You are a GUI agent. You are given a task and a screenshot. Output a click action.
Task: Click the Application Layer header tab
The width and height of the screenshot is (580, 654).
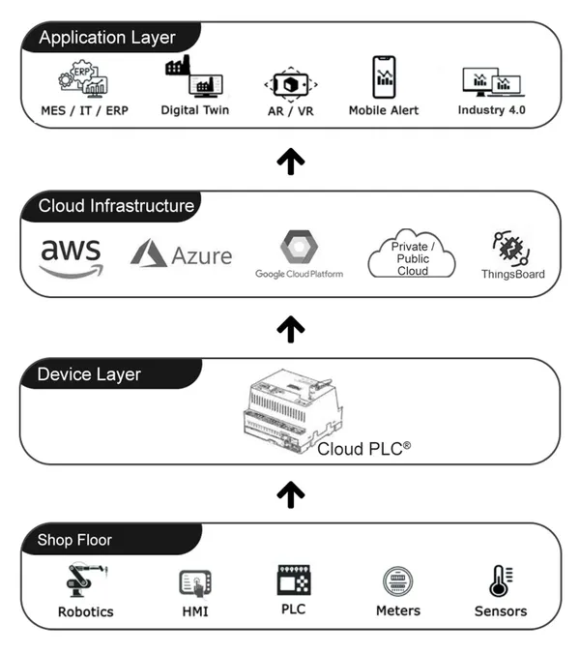pos(106,38)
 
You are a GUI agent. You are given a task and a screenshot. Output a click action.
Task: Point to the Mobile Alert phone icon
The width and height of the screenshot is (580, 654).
pos(385,77)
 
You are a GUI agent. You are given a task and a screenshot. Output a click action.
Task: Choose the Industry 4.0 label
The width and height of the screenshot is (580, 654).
pos(495,110)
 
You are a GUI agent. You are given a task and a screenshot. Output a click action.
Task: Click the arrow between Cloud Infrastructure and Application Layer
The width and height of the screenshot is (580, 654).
pos(290,161)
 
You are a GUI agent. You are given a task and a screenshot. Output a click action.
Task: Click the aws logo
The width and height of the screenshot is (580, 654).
pos(71,254)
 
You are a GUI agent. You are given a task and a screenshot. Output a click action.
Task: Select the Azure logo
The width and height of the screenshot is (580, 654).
pos(182,255)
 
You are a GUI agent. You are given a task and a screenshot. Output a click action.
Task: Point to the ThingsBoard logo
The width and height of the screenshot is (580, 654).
pos(512,251)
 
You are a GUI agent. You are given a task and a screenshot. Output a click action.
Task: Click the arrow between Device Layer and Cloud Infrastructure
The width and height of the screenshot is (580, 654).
pos(290,330)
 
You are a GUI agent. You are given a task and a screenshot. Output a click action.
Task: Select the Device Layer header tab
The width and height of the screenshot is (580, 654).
pos(90,374)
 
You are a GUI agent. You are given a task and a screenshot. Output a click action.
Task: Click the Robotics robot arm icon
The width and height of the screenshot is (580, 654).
pos(84,582)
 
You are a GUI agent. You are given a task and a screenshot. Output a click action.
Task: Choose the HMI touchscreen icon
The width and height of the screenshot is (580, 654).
pos(195,583)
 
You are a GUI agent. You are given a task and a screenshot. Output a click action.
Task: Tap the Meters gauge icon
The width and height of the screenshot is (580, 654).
pos(397,582)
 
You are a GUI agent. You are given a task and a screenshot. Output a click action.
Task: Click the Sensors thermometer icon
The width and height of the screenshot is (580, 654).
pos(500,581)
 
